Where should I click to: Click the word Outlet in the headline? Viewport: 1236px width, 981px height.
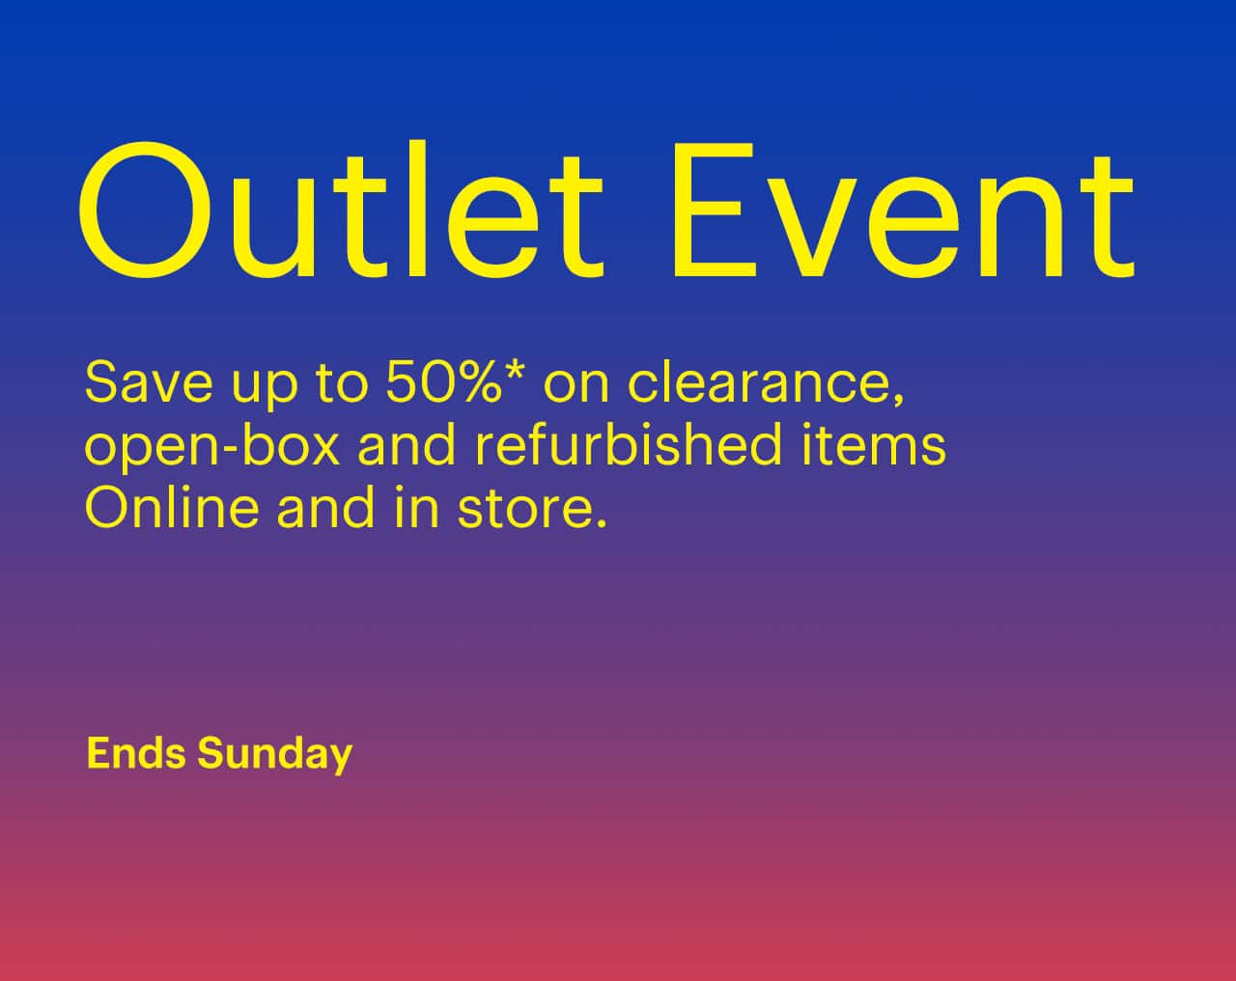[x=341, y=209]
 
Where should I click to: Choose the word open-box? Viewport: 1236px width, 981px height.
[x=212, y=446]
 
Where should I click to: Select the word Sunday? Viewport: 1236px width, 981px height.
[x=274, y=754]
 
